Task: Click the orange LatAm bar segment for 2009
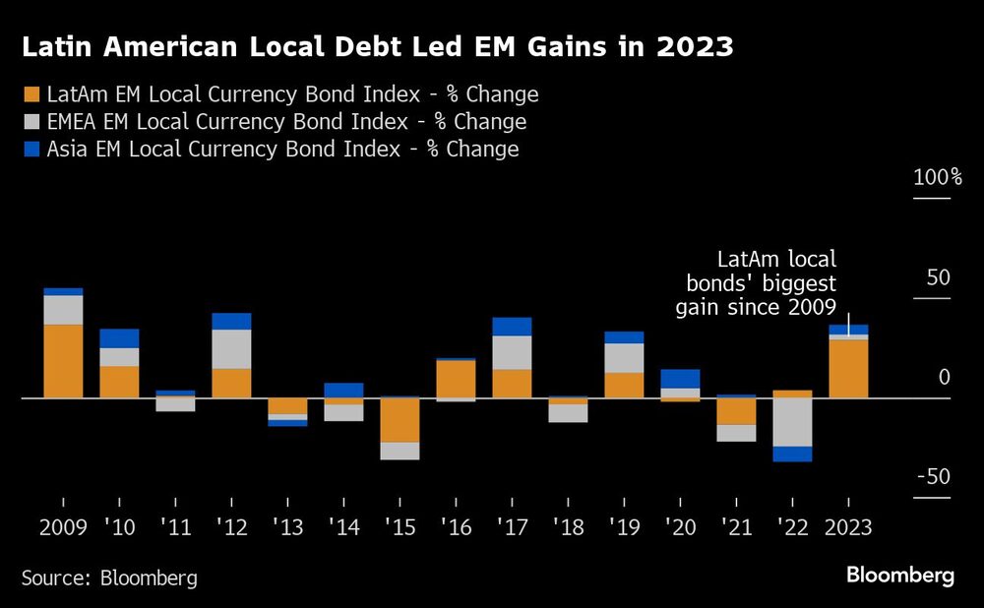pos(63,361)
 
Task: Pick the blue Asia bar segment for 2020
pos(680,379)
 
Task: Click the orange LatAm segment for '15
pos(400,420)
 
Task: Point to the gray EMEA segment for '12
pos(231,349)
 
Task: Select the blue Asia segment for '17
pos(512,327)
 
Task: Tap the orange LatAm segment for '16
pos(456,379)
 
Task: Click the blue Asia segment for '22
pos(792,454)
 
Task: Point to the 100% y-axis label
pos(937,178)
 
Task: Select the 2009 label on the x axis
pos(63,527)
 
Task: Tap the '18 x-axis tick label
pos(568,527)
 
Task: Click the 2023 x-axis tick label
pos(848,527)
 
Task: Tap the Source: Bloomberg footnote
pos(109,578)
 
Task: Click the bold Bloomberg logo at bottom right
pos(900,576)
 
